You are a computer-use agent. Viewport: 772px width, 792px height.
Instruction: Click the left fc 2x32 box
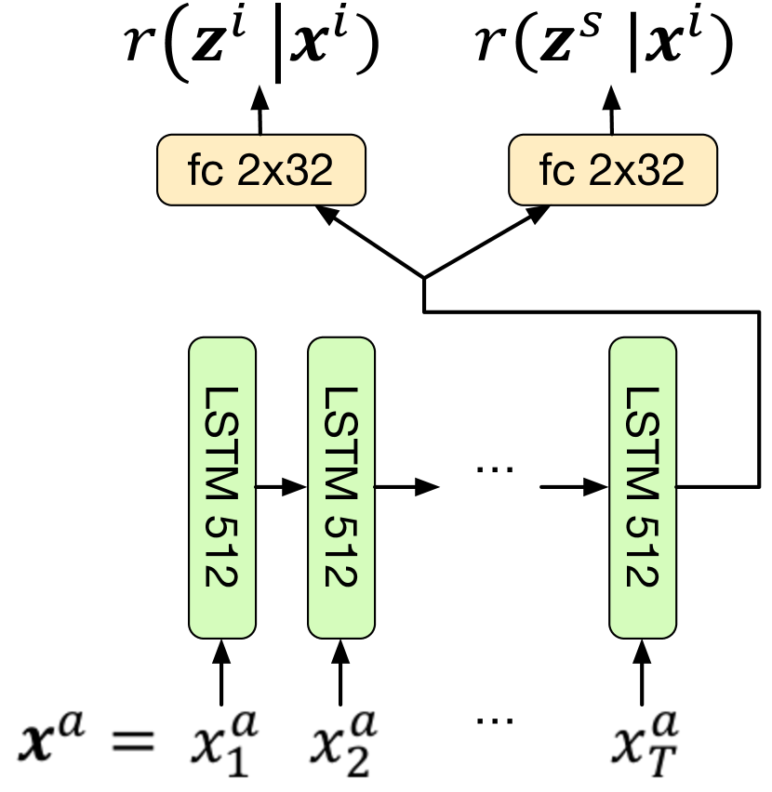tap(261, 170)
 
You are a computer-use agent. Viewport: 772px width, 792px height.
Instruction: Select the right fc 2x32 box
tap(613, 170)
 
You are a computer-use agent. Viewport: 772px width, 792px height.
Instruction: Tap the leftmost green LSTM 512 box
tap(222, 488)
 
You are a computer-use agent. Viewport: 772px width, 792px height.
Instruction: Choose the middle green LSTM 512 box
tap(341, 488)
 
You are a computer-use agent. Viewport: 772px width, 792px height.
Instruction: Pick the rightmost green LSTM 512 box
tap(643, 488)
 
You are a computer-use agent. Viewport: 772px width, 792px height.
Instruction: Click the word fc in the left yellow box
tap(205, 170)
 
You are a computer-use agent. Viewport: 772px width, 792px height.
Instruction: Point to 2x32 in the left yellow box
tap(285, 170)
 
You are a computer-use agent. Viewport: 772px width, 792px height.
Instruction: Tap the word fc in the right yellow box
tap(556, 170)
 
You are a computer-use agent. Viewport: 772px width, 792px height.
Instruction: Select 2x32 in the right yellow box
tap(636, 170)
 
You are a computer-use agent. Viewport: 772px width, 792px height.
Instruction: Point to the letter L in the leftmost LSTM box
tap(222, 397)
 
